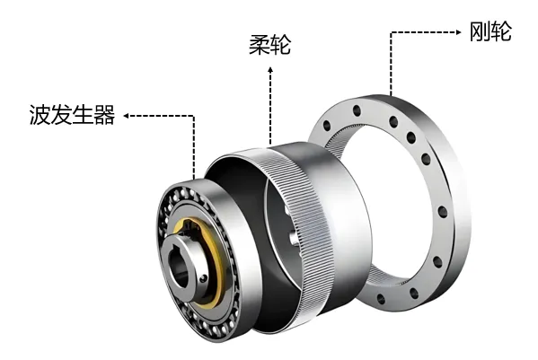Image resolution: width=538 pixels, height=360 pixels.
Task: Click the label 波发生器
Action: click(x=72, y=114)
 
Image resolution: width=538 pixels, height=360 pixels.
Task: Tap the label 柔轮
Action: click(x=269, y=45)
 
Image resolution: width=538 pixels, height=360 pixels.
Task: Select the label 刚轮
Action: click(x=490, y=31)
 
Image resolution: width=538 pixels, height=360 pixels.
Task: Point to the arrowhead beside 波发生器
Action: click(x=126, y=116)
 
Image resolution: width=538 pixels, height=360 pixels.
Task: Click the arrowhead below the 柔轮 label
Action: click(x=270, y=70)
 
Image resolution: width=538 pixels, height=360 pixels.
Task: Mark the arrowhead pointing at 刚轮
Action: click(x=459, y=32)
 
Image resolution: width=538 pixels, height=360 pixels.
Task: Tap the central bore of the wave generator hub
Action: click(x=181, y=269)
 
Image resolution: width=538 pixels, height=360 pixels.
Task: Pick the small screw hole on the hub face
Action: click(x=204, y=278)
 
